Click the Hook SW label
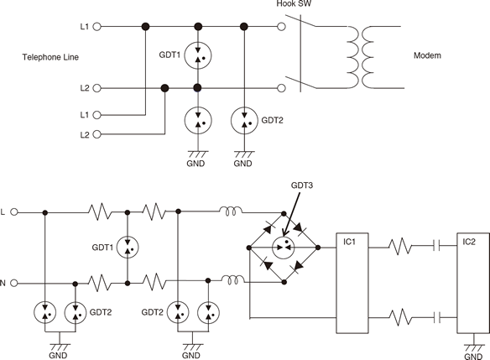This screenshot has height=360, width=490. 294,3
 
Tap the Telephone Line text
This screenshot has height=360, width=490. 50,57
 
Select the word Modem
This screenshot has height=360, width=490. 427,55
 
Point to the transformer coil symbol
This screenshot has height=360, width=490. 360,57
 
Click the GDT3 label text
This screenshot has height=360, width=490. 301,185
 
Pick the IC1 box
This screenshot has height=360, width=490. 352,283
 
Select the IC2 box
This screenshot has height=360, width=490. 473,283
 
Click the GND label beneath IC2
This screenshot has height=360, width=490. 473,357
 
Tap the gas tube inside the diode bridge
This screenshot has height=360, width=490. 283,248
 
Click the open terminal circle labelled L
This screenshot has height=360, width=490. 14,212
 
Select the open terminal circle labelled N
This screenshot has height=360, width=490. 14,283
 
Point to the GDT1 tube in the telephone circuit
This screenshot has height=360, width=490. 198,55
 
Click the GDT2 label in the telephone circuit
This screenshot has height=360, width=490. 272,120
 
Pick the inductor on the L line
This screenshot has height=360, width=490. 231,211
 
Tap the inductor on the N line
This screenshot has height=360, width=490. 232,280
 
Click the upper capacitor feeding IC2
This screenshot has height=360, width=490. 437,246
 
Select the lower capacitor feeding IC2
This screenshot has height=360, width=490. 437,317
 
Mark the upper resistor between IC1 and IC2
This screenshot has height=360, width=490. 400,246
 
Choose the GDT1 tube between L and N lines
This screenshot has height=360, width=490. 128,248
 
